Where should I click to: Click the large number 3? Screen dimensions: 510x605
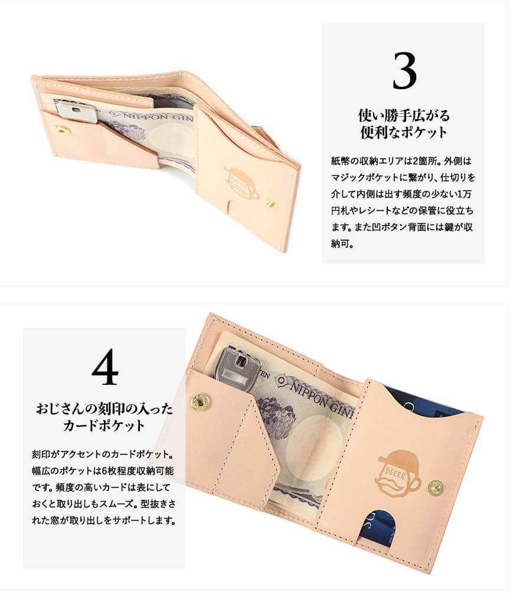click(405, 71)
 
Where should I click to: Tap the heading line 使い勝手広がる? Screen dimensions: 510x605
click(404, 115)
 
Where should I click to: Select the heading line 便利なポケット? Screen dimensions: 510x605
click(404, 132)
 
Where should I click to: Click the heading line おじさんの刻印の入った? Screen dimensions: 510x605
click(104, 408)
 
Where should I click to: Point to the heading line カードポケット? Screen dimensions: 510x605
click(104, 426)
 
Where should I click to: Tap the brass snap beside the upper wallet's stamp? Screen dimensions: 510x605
click(271, 204)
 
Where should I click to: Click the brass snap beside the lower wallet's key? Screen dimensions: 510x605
click(199, 402)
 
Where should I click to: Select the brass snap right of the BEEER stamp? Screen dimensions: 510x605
click(436, 488)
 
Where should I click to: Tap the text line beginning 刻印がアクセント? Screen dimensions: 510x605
click(103, 454)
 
